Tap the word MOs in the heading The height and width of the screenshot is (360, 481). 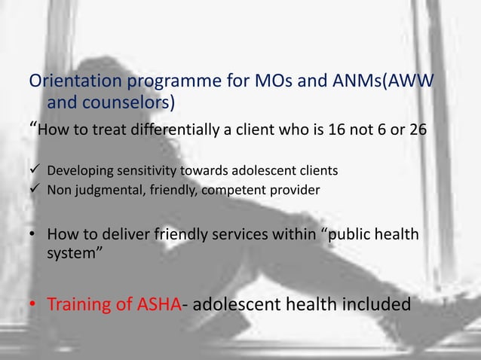(x=280, y=81)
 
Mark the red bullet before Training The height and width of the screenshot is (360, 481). (x=33, y=306)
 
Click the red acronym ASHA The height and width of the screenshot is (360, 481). (x=159, y=305)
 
